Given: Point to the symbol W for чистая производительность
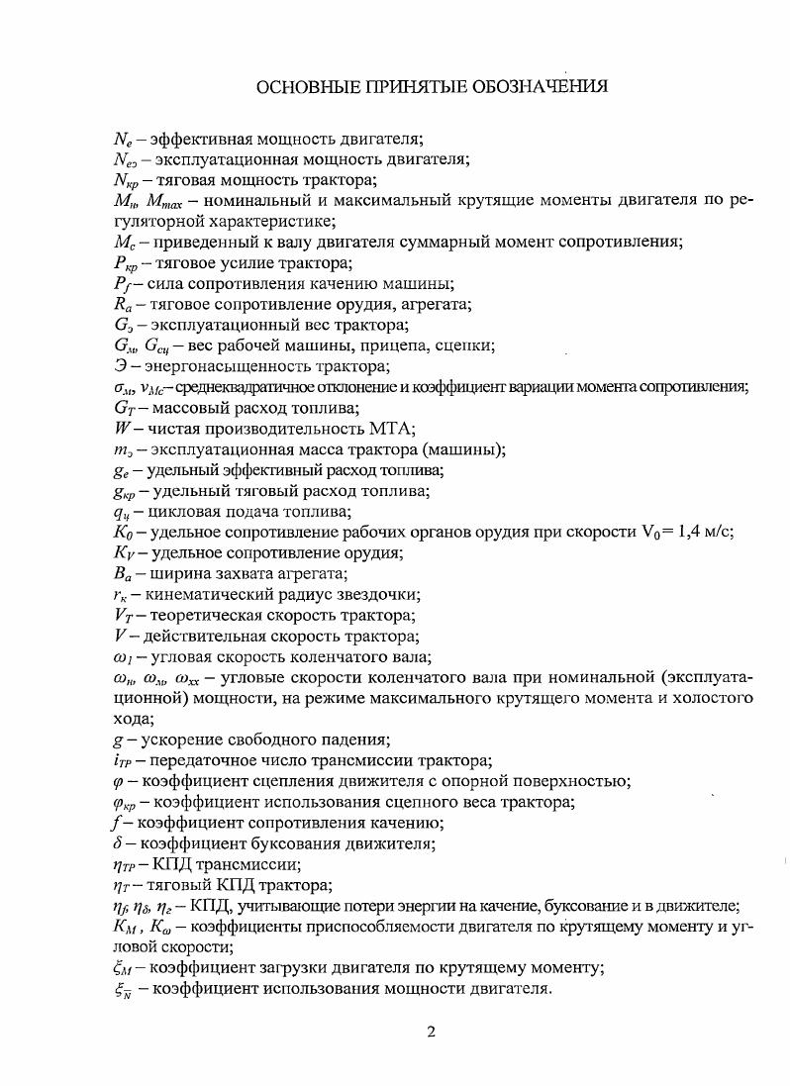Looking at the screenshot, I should [122, 429].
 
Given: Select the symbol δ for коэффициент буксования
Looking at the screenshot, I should [118, 843].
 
